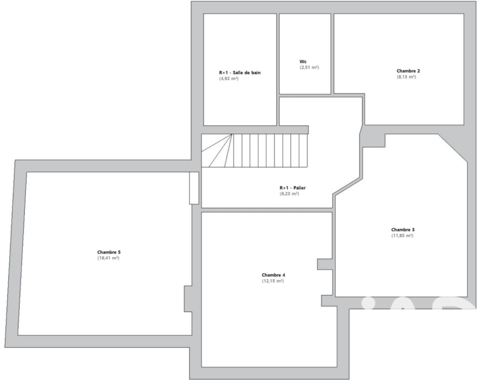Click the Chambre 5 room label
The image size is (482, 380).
109,252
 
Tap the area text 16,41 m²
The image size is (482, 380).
108,258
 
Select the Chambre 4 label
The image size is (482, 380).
273,275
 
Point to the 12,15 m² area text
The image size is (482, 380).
273,281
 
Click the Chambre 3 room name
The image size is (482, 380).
403,230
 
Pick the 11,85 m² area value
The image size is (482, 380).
402,235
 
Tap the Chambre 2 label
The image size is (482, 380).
408,71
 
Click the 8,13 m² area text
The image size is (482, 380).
406,77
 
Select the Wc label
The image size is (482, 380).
303,62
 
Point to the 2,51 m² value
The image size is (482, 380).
309,68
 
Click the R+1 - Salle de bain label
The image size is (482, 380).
240,72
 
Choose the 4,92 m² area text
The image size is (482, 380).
229,78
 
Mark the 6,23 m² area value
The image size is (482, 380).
289,193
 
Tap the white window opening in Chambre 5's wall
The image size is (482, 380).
194,188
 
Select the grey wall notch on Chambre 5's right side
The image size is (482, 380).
188,299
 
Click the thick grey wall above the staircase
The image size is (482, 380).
255,130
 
